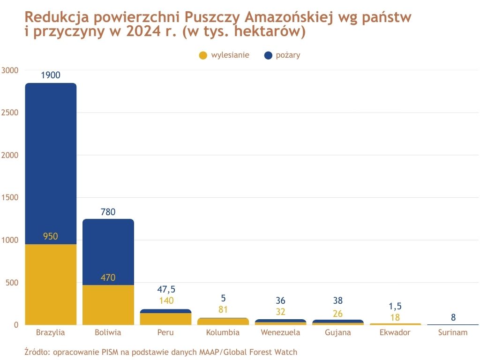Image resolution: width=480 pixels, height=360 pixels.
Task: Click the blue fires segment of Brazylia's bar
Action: click(51, 164)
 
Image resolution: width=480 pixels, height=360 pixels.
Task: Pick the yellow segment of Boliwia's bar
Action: click(108, 305)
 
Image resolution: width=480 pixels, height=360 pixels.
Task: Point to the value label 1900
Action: click(51, 75)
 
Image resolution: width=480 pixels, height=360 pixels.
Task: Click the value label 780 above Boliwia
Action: click(108, 212)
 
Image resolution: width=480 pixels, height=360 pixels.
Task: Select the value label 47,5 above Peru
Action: click(166, 289)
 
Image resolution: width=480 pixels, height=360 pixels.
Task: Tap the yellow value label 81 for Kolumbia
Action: click(223, 309)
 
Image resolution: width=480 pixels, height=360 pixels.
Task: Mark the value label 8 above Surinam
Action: click(453, 317)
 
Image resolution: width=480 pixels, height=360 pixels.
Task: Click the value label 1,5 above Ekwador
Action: click(396, 306)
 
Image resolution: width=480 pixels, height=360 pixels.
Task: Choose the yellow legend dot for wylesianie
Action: click(203, 55)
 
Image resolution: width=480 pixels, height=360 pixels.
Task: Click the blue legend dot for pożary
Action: click(268, 55)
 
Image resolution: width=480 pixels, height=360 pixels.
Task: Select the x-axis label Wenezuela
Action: click(280, 332)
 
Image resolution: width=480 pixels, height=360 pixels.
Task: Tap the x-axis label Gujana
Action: click(338, 332)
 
